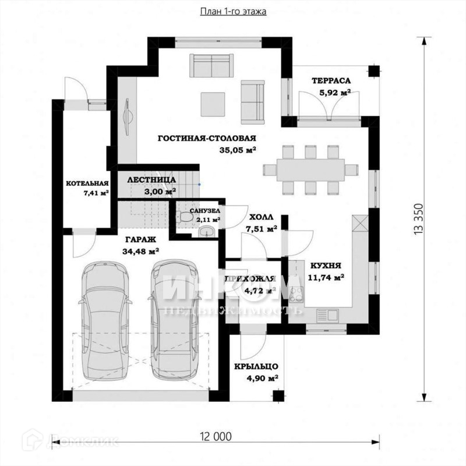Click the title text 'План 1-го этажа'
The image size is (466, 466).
234,11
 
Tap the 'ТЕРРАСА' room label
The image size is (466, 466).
330,80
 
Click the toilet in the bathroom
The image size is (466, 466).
186,217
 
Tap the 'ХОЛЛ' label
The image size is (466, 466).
261,217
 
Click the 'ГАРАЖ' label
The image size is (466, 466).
140,239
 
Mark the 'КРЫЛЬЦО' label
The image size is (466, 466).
256,366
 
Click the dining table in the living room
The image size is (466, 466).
309,170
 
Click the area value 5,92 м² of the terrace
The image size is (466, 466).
334,92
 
